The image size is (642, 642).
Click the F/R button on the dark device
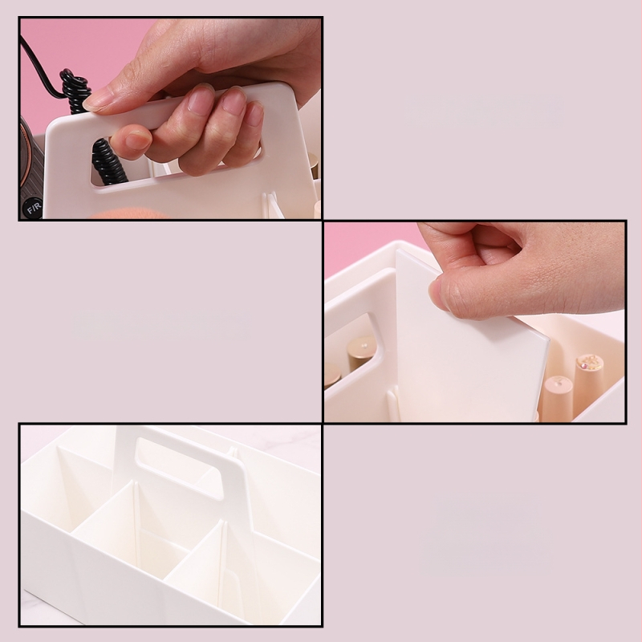click(33, 208)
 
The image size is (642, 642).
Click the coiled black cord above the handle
click(75, 88)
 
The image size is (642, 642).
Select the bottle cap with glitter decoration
click(589, 364)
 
